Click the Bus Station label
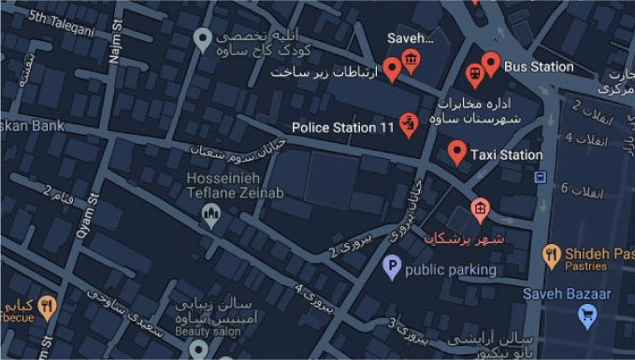coord(538,66)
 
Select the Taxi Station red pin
coord(456,151)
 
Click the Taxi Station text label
coord(506,154)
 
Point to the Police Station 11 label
coord(343,127)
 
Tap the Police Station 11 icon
coord(408,123)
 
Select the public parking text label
coord(450,269)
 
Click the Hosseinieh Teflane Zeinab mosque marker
coord(212,216)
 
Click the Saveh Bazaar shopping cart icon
coord(587,316)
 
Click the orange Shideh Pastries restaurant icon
coord(552,253)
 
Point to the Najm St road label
coord(116,43)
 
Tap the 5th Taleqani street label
coord(61,23)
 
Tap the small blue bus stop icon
coord(540,177)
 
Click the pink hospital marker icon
coord(480,209)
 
